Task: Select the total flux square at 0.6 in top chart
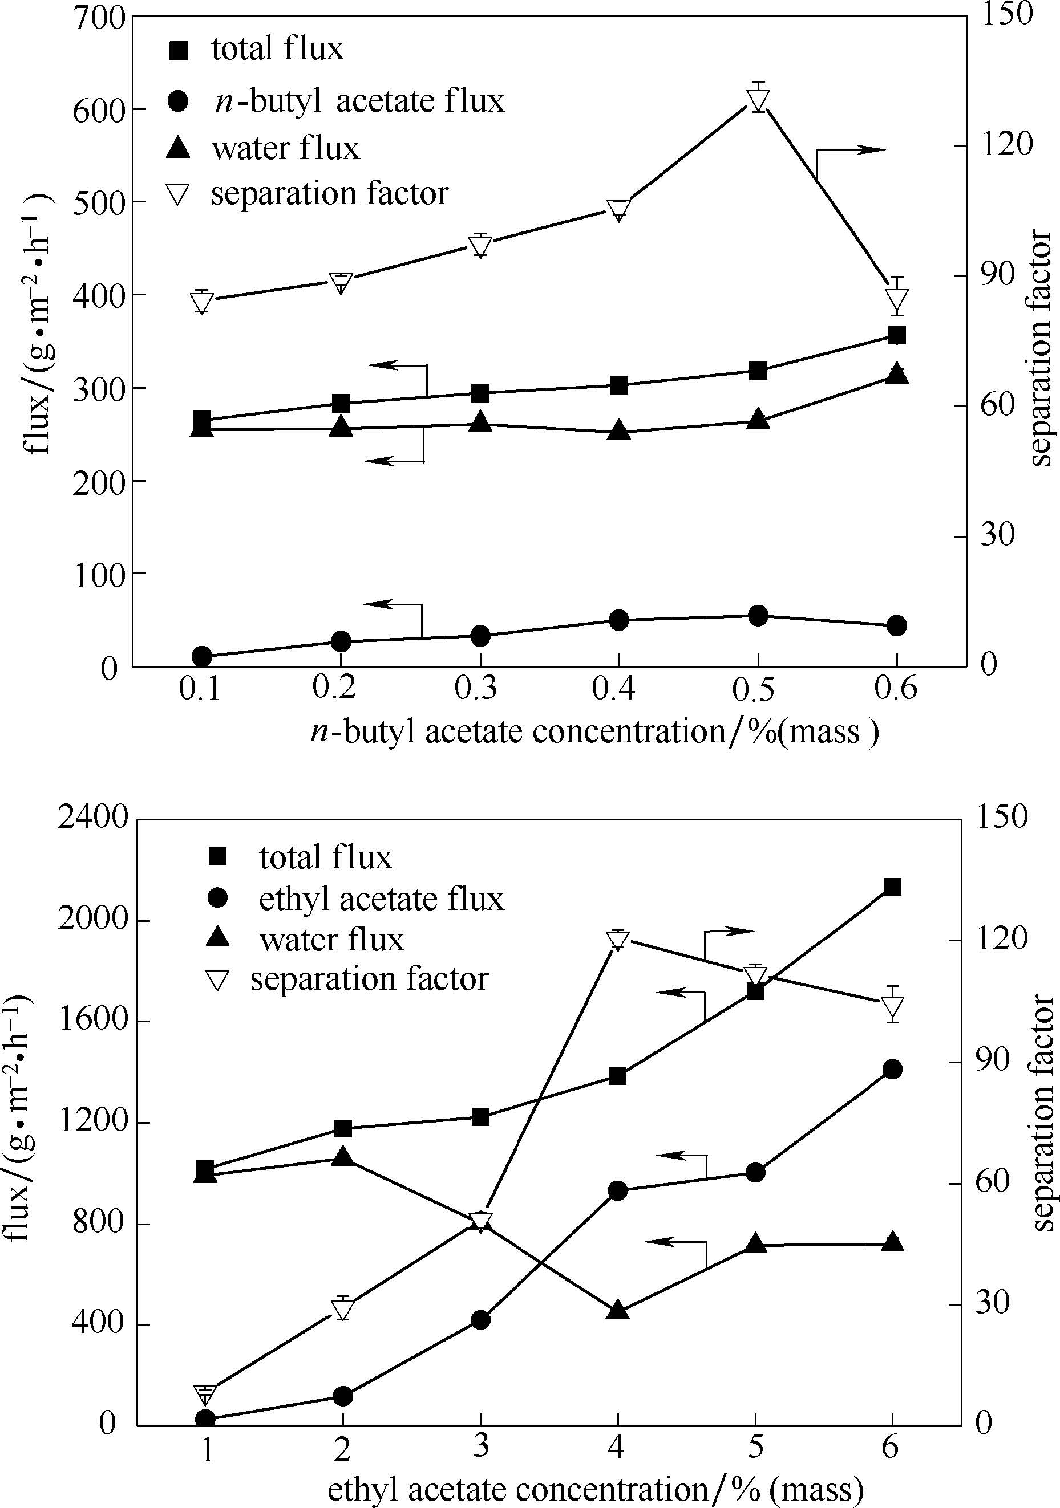(897, 335)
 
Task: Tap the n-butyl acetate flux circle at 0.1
(202, 656)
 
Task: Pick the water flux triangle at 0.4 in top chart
(618, 430)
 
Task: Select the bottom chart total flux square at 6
(892, 887)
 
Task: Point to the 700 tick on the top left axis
(99, 18)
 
